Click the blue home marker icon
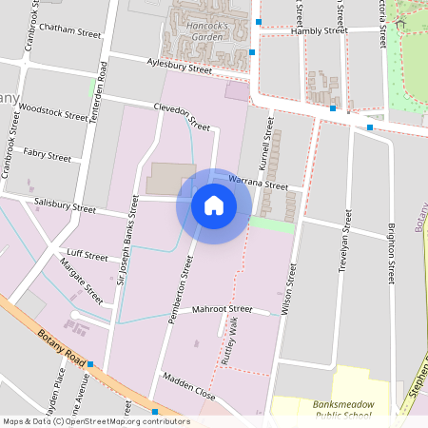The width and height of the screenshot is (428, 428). (x=214, y=204)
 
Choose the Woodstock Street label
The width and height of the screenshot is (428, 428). (x=52, y=113)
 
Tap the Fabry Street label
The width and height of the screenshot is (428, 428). (x=47, y=155)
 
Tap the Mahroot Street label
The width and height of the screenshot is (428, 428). (x=221, y=309)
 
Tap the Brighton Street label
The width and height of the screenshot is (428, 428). (x=391, y=252)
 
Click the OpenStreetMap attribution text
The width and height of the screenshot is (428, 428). (x=95, y=421)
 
